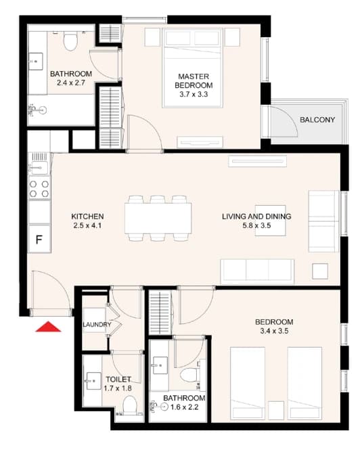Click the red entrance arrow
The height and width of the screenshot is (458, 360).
click(48, 327)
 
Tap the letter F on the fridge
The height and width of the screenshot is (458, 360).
click(39, 239)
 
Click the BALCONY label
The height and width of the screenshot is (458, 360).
click(317, 120)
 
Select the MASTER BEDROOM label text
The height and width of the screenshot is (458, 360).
click(194, 81)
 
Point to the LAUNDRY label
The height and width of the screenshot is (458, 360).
click(97, 325)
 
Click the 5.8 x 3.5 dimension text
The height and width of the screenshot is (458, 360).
click(256, 225)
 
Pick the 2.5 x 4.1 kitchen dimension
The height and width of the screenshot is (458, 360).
click(87, 225)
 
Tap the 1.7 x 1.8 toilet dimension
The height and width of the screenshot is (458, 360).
click(118, 388)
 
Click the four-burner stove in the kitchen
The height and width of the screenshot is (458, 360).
click(39, 189)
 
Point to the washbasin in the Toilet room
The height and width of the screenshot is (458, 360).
click(94, 381)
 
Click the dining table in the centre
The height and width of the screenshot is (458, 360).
click(158, 219)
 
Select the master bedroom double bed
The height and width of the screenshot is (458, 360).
click(193, 68)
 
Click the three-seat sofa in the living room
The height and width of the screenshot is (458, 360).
click(257, 271)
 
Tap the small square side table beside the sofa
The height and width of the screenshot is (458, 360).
click(320, 271)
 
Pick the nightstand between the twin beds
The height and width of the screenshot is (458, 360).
click(276, 411)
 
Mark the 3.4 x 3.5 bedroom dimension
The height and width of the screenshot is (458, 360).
click(274, 331)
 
